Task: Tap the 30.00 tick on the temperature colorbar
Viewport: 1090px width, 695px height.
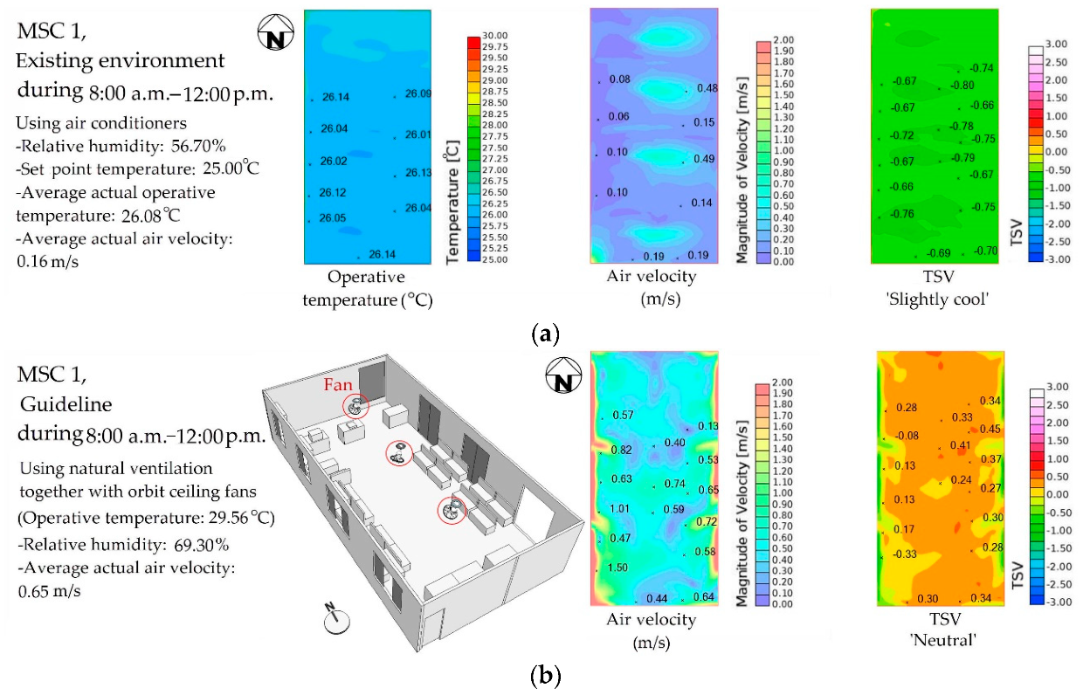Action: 483,36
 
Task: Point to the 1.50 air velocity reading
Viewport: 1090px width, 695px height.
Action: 617,568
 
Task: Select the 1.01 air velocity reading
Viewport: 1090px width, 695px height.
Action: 619,509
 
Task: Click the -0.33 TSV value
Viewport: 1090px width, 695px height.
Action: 904,554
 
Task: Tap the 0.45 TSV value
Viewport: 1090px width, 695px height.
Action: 990,430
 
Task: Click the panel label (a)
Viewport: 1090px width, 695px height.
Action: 545,333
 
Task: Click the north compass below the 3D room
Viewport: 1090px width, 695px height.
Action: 337,620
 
